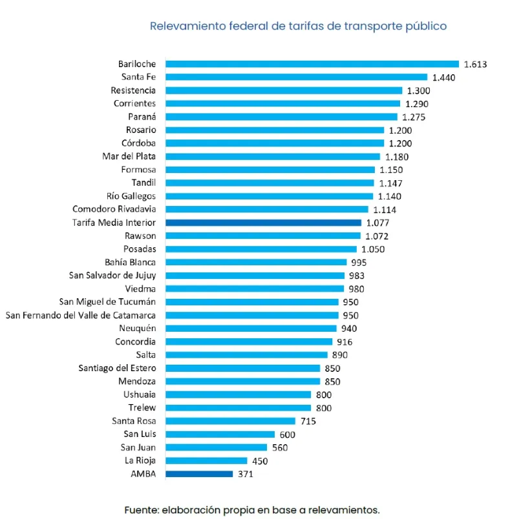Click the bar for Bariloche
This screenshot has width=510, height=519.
(312, 64)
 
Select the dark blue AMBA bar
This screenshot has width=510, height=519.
(199, 474)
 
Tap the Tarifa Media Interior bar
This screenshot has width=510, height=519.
(263, 223)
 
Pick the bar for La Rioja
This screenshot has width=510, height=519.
(206, 461)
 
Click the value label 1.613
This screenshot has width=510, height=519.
(475, 64)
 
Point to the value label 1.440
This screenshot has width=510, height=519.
(444, 77)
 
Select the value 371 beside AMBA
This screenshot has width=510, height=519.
(246, 474)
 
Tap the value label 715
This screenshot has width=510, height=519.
(308, 422)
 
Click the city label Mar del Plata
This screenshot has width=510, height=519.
(129, 156)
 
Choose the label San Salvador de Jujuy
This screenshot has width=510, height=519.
(112, 275)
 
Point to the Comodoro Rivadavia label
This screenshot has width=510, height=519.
(114, 209)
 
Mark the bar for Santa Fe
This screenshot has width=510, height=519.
(297, 77)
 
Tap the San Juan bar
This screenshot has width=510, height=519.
(216, 447)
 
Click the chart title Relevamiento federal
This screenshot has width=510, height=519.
(298, 26)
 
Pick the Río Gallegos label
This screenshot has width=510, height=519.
(131, 196)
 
